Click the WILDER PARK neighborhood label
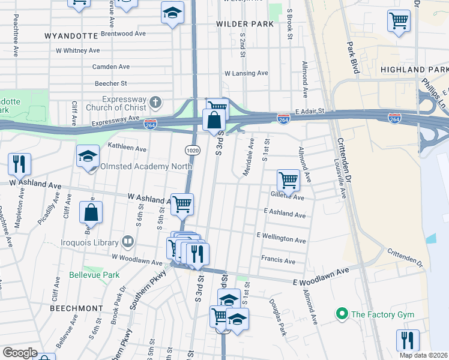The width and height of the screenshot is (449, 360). [x=245, y=24]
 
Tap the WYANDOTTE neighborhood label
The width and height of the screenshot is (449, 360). [x=71, y=36]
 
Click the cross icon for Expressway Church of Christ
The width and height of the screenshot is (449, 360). [x=155, y=102]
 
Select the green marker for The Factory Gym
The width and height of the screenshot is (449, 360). [x=342, y=314]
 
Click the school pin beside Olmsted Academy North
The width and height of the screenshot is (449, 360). [x=88, y=157]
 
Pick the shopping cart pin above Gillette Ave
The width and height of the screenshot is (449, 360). [x=288, y=179]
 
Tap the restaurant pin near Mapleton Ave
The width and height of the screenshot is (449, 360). [x=19, y=163]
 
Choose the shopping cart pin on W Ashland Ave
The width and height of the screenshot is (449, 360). [x=182, y=203]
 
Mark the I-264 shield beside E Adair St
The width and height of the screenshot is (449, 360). [x=283, y=119]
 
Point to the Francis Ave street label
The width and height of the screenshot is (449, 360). [x=278, y=261]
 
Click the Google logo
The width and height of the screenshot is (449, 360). [x=20, y=353]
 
